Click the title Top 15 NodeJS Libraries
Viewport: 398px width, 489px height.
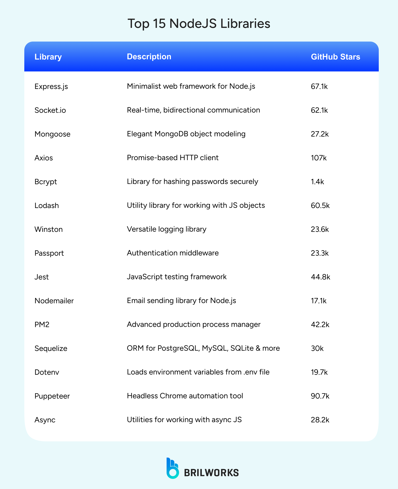click(199, 24)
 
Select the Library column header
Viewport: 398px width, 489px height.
click(48, 57)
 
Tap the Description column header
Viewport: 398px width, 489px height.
click(149, 57)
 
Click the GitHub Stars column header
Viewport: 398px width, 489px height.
click(335, 57)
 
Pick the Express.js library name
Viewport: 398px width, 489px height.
click(51, 87)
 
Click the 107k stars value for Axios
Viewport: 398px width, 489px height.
click(319, 158)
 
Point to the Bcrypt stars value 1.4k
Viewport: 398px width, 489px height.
click(317, 182)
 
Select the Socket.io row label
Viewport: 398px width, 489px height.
click(50, 110)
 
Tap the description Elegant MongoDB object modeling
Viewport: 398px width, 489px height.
click(186, 134)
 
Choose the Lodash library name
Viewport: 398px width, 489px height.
click(47, 205)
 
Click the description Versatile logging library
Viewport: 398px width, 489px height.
click(167, 229)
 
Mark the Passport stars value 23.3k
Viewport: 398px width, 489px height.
click(320, 253)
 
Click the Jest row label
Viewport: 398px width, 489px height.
click(42, 277)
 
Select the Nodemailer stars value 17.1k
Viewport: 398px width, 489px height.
click(319, 301)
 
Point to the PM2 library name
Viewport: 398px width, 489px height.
click(42, 325)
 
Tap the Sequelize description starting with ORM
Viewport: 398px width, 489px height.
click(203, 348)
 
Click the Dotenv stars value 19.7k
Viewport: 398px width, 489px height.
click(319, 372)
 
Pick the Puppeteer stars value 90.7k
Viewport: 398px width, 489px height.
click(320, 396)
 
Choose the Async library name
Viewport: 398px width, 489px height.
click(45, 420)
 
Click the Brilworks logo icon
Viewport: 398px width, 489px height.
click(172, 468)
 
